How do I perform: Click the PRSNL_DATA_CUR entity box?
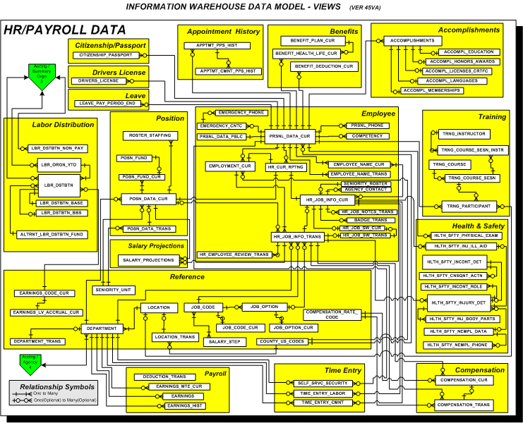pos(289,135)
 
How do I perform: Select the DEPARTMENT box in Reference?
pos(103,329)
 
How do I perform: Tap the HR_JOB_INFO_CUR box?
pos(326,200)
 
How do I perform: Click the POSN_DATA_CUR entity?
pos(152,200)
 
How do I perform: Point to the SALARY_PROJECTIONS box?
pos(148,260)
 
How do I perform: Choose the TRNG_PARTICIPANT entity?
pos(468,207)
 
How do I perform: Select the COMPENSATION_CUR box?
pos(464,381)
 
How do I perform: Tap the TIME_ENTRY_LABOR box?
pos(323,393)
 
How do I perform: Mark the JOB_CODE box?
pos(205,307)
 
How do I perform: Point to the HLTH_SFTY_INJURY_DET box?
pos(459,303)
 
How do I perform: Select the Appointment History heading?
pos(223,32)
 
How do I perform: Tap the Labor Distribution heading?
pos(63,125)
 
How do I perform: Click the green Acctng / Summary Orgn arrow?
pos(43,75)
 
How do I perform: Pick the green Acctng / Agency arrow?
pos(30,363)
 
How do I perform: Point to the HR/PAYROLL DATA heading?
pos(66,30)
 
